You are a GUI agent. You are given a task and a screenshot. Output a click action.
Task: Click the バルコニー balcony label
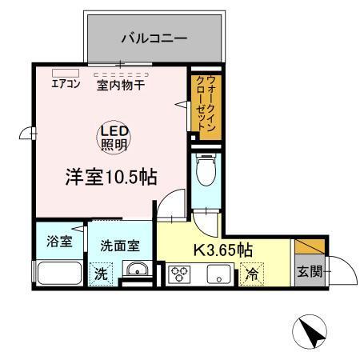click(x=154, y=37)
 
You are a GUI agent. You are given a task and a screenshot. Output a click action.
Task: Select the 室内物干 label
click(x=120, y=83)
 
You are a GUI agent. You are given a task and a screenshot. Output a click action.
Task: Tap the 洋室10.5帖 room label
click(x=110, y=178)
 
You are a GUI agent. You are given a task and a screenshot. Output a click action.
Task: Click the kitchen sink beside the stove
click(x=216, y=274)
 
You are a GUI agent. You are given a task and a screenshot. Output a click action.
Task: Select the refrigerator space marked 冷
click(x=252, y=274)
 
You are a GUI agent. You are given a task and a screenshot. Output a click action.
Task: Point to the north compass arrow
click(x=313, y=328)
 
